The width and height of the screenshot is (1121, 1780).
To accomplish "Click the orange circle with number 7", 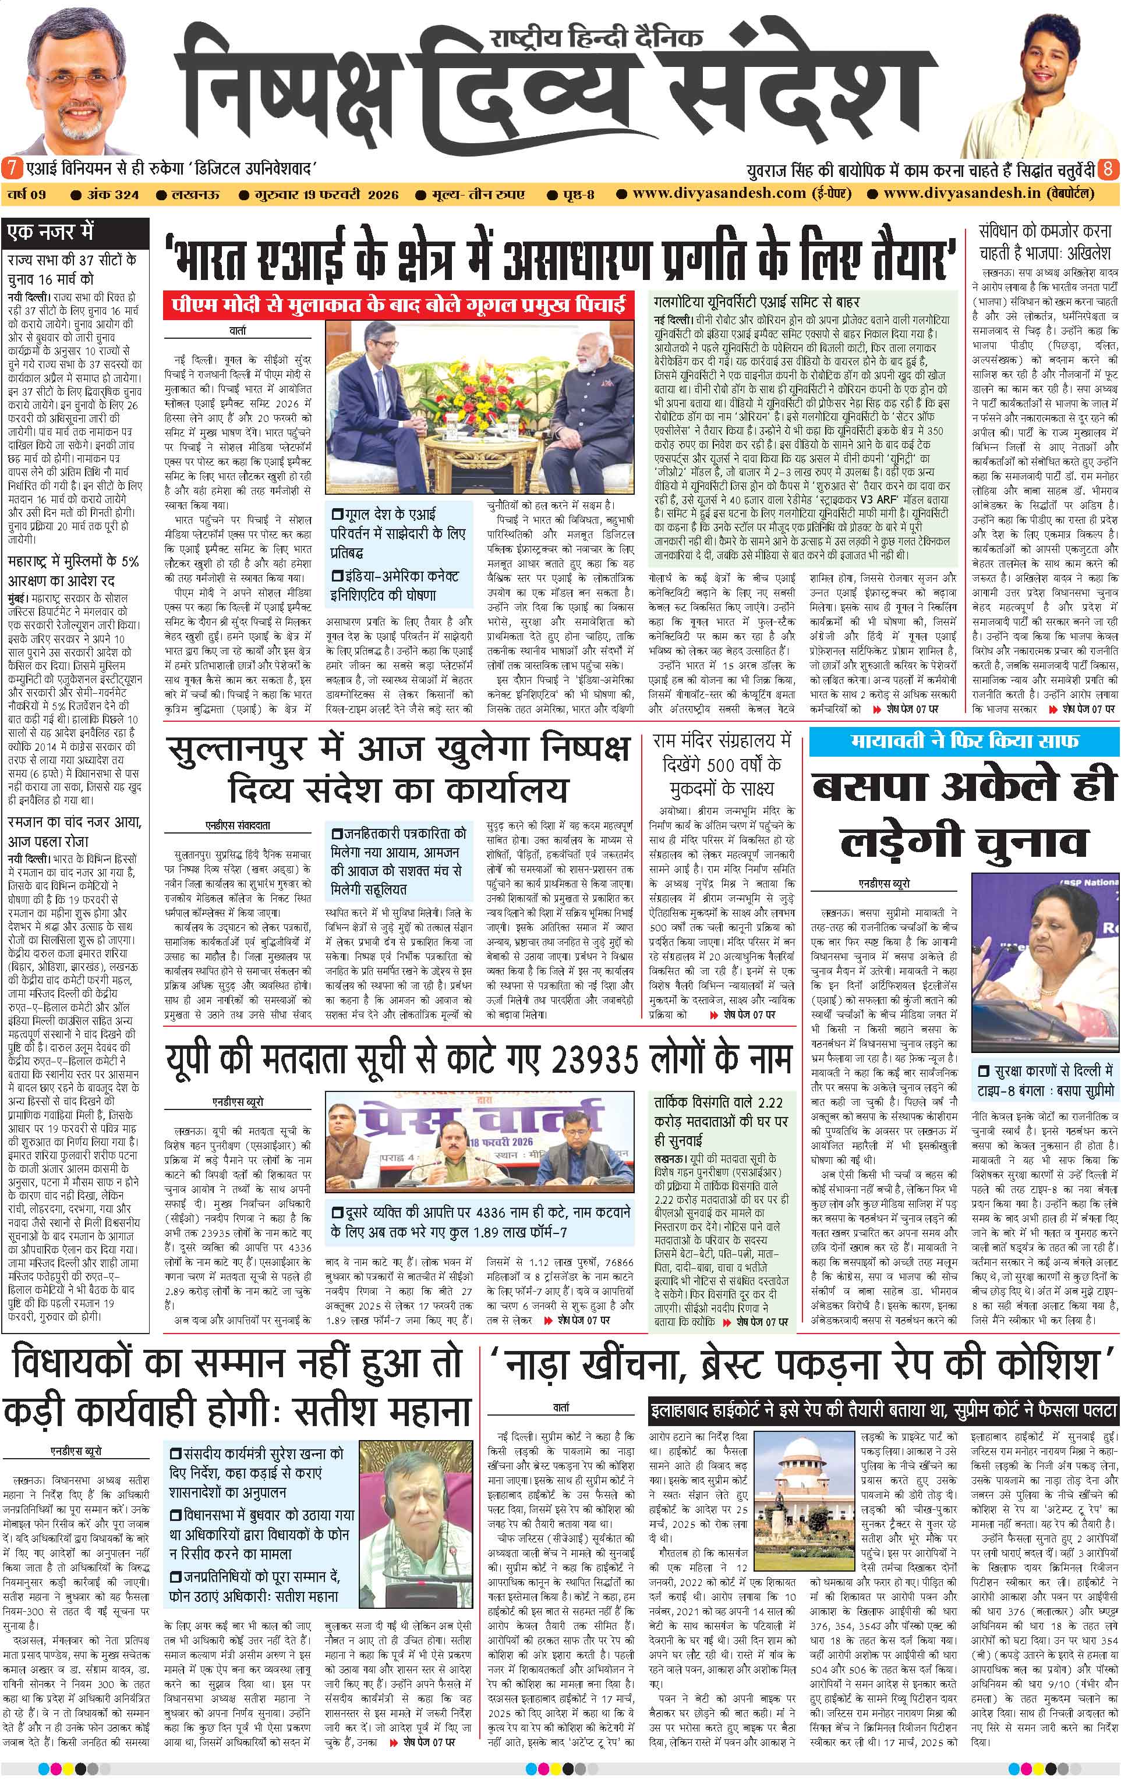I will [x=11, y=168].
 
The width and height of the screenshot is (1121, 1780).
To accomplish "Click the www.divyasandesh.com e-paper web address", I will [x=719, y=194].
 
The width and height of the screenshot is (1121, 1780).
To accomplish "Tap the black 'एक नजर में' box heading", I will [x=50, y=232].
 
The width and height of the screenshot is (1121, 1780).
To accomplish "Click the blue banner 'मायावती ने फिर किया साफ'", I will [x=964, y=740].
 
